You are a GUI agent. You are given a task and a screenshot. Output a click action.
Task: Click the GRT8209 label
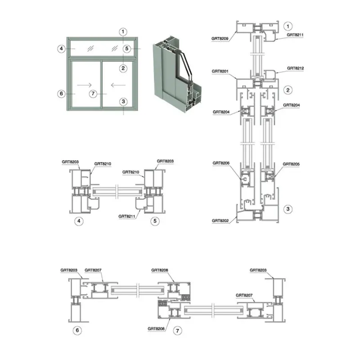220,39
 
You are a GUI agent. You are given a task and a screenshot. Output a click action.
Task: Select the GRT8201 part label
220,72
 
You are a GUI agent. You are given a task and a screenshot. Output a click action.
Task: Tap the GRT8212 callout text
295,68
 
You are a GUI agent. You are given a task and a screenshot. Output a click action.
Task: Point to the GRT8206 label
221,163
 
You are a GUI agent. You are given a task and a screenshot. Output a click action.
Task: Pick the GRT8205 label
291,164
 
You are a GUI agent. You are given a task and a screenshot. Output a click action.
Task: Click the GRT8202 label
220,220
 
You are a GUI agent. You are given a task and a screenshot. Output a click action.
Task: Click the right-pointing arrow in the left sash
84,85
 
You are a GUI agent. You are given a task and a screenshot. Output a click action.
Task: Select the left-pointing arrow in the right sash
118,85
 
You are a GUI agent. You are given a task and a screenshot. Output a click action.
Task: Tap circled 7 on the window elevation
93,94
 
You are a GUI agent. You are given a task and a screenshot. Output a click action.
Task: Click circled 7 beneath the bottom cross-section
177,331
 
